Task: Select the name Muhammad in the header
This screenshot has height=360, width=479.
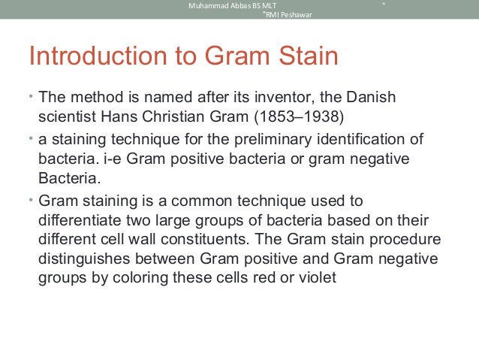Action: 208,6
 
